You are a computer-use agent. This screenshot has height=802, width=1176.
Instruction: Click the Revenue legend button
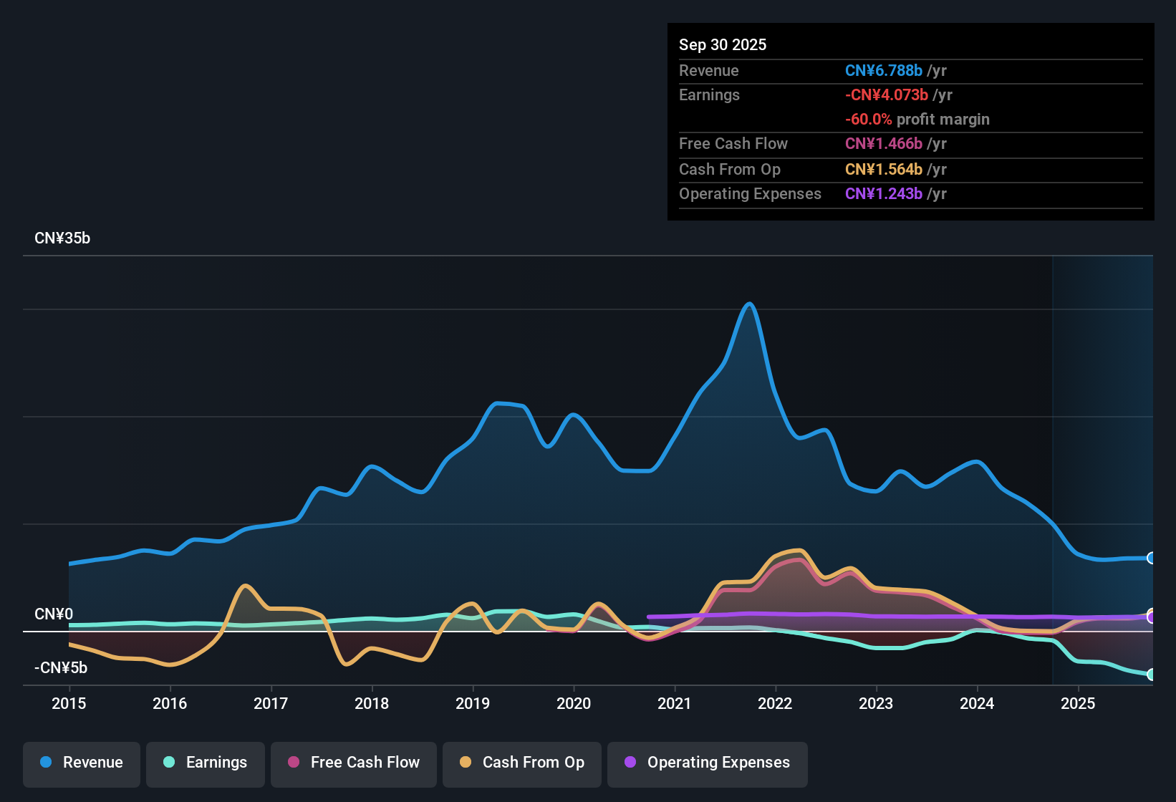pos(82,763)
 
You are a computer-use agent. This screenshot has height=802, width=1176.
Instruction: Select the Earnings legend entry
pos(206,763)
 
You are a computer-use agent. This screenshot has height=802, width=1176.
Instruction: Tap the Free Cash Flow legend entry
pos(354,763)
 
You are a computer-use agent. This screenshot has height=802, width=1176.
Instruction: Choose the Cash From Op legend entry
pos(522,763)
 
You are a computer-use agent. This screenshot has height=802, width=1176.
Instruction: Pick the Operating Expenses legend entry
pos(708,763)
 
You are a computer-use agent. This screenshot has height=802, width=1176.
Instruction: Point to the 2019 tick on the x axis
pos(473,703)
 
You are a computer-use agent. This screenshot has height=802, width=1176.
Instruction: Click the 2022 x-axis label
pos(775,703)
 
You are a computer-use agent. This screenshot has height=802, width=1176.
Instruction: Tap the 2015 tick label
pos(69,703)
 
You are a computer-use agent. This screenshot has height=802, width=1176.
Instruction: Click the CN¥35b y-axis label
pos(62,238)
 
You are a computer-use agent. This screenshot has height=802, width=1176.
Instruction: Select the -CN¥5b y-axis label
pos(61,668)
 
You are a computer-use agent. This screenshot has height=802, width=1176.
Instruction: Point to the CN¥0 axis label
pos(54,614)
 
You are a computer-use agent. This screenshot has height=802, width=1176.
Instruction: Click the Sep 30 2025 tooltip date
pos(722,44)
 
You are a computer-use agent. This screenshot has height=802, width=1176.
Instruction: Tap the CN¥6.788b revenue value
pos(883,70)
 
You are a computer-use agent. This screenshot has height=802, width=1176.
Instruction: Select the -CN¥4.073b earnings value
pos(886,95)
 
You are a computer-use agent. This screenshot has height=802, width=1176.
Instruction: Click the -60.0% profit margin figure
pos(868,119)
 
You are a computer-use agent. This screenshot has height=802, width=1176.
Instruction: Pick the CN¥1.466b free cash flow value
pos(883,143)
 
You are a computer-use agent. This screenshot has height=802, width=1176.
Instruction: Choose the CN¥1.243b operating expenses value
pos(883,193)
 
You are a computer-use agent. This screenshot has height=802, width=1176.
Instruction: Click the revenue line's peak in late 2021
pos(749,304)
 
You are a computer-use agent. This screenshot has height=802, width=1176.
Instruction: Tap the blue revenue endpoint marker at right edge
pos(1151,558)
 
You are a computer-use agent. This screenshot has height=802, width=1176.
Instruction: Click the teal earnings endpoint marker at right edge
pos(1151,675)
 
